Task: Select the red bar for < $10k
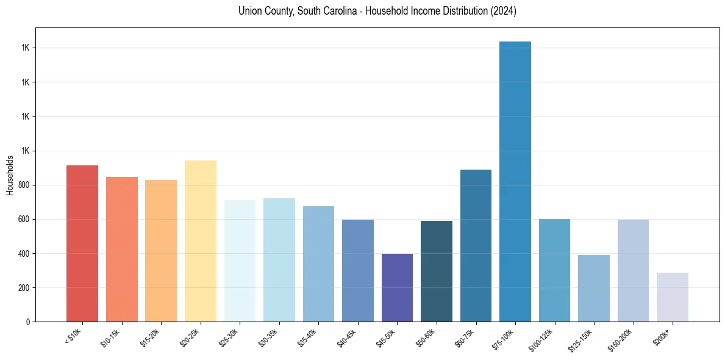tap(82, 243)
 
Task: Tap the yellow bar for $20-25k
tap(201, 241)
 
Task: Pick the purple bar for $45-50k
tap(397, 287)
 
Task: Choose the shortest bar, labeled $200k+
tap(673, 297)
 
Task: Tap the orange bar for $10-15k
tap(122, 249)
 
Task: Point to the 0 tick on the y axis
tap(29, 322)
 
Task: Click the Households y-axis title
tap(10, 175)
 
